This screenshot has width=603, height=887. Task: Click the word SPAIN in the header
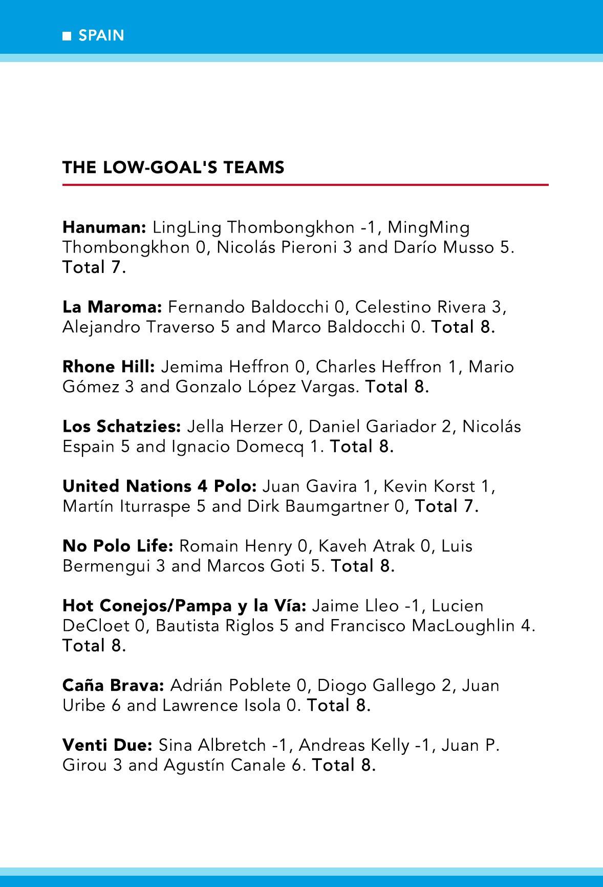coord(101,35)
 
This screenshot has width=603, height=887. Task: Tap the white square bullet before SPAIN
coord(67,36)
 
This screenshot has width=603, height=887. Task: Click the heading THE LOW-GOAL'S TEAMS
coord(173,167)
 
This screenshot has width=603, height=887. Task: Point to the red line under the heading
coord(305,184)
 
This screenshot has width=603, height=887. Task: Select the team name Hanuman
coord(104,227)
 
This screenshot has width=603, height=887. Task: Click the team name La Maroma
coord(112,307)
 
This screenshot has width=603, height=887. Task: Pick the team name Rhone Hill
coord(109,367)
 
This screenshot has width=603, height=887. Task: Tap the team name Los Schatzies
coord(122,427)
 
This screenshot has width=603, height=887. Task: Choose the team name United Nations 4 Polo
coord(159,486)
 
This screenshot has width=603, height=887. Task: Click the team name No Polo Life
coord(118,546)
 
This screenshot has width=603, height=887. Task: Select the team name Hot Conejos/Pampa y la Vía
coord(184,606)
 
